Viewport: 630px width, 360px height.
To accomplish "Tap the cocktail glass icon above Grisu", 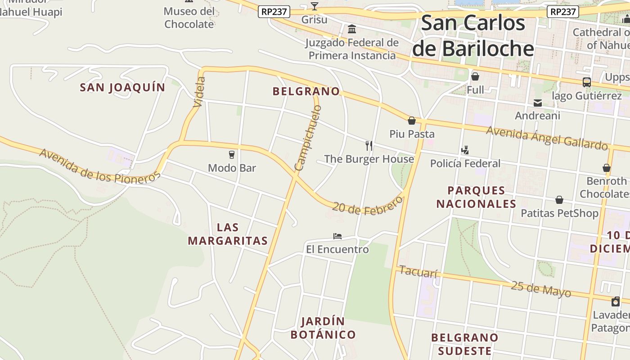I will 314,6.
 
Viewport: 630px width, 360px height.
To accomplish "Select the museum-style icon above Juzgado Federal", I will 352,29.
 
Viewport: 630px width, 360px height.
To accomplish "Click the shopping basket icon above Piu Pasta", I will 411,121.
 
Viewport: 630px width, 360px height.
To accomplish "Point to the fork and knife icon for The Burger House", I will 369,145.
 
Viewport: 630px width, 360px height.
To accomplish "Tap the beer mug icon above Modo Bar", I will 232,155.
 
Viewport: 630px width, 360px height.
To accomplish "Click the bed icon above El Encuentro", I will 337,236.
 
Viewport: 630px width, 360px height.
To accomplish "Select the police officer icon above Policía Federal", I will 465,150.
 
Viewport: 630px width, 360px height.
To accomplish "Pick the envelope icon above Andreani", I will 537,103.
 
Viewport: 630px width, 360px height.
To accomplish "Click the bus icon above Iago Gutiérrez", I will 586,82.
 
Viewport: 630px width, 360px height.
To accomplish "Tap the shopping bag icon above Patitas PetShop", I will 559,200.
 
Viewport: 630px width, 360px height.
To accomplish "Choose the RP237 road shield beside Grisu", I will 274,12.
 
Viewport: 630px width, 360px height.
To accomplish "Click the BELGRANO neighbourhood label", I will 306,91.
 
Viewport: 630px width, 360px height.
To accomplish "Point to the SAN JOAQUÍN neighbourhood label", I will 122,87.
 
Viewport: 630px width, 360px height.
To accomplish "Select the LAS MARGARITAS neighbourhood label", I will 228,234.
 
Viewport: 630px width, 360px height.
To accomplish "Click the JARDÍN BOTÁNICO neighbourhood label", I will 323,328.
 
